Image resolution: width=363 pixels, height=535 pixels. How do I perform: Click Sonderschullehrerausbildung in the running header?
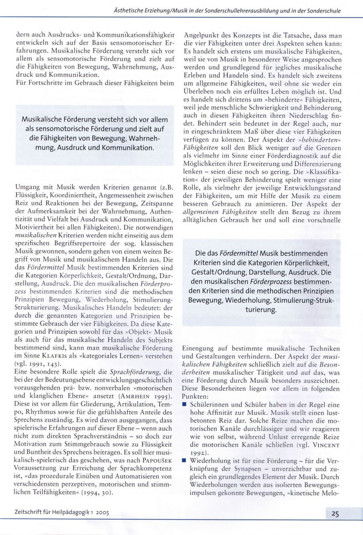pos(230,11)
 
